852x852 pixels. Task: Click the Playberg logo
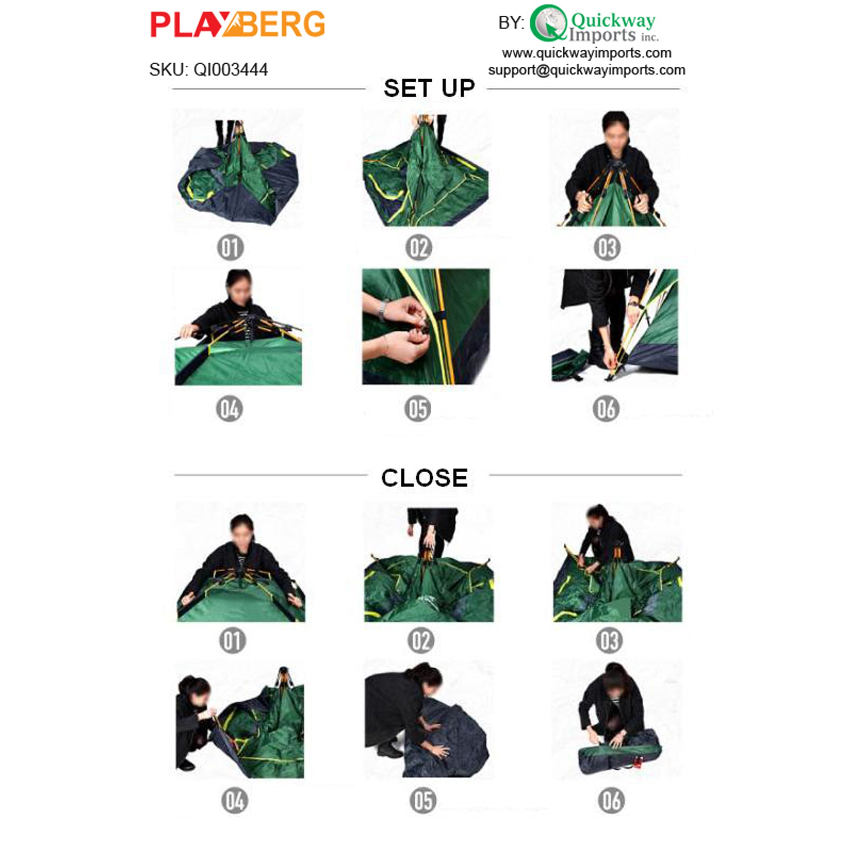click(238, 24)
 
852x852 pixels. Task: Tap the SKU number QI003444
click(231, 70)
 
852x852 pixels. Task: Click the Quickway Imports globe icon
click(548, 23)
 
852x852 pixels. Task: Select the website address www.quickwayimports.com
click(586, 53)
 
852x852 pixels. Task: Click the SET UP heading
click(429, 88)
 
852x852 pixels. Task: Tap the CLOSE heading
click(424, 478)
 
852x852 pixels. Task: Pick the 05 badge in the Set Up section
click(417, 409)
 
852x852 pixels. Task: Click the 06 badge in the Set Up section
click(606, 409)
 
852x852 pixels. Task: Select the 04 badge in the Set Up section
click(229, 409)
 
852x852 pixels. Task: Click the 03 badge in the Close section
click(609, 641)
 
